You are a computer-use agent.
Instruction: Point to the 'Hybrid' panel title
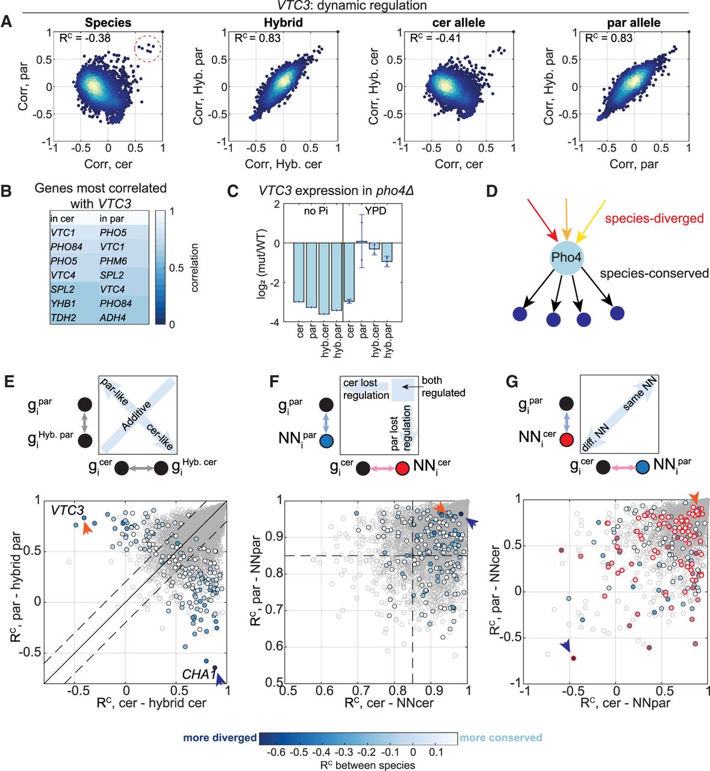pos(283,23)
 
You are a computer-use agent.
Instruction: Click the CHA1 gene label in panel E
pos(199,674)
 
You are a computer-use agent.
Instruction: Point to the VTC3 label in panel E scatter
pos(67,511)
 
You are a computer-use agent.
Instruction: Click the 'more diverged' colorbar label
pos(220,737)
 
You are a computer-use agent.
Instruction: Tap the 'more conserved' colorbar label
pos(500,737)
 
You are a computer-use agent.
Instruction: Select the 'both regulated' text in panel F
pos(443,386)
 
